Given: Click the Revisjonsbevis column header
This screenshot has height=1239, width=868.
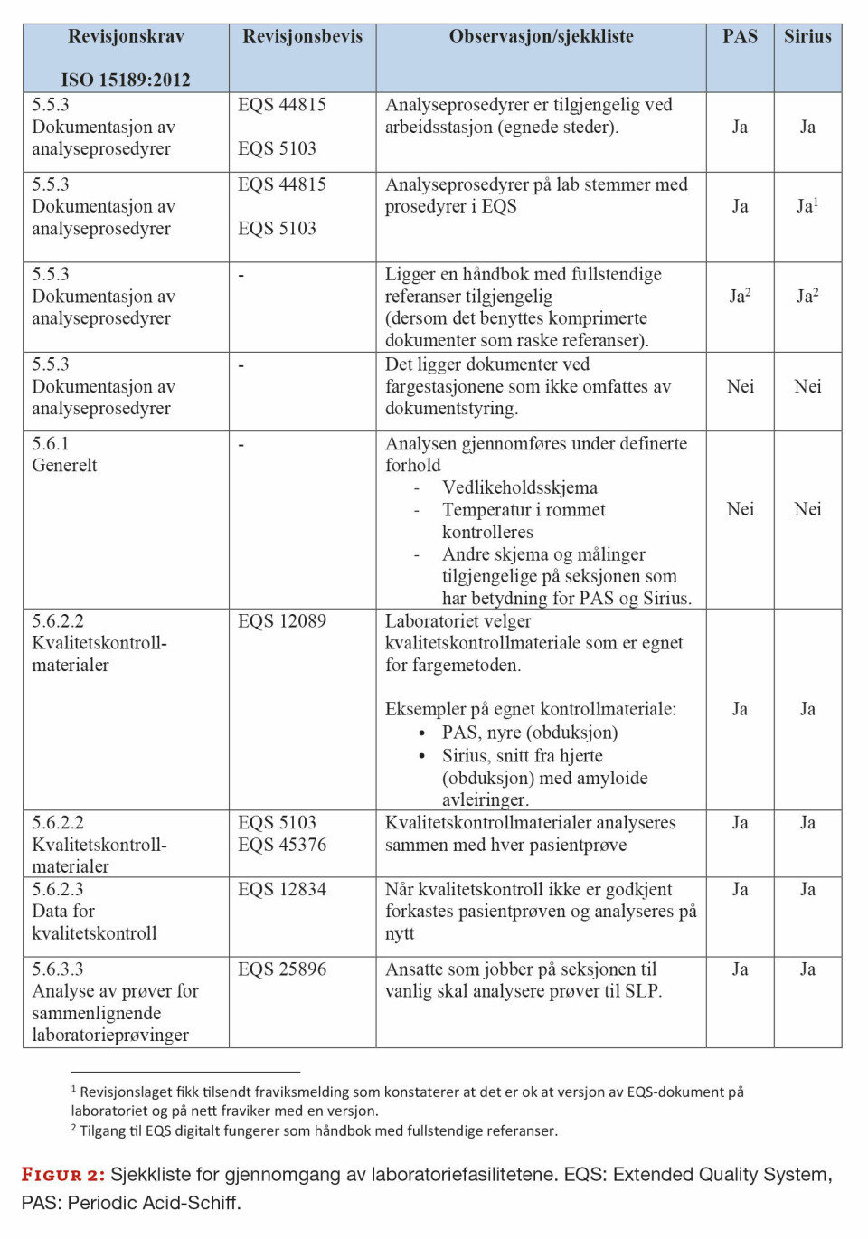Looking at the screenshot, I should pyautogui.click(x=302, y=37).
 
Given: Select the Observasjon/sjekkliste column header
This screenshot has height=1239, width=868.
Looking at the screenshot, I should pyautogui.click(x=541, y=37).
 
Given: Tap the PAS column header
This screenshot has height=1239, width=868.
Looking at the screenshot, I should pyautogui.click(x=740, y=37).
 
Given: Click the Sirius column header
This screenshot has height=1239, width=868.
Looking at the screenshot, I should pyautogui.click(x=807, y=37).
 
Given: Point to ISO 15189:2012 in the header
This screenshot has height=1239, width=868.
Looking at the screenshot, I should pyautogui.click(x=126, y=80).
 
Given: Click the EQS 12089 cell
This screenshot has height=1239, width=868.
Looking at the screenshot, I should pyautogui.click(x=282, y=621).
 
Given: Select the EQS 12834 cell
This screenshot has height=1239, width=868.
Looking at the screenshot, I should pyautogui.click(x=282, y=890).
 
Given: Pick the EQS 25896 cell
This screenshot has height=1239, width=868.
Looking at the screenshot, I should pyautogui.click(x=282, y=969).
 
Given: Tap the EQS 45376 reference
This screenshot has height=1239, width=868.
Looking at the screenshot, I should pyautogui.click(x=282, y=845).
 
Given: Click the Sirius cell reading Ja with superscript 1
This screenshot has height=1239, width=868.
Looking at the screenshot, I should pyautogui.click(x=807, y=206).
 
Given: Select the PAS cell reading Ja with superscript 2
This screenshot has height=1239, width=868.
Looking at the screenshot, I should pyautogui.click(x=740, y=297).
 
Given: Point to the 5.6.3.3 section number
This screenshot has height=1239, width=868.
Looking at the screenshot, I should pyautogui.click(x=58, y=969).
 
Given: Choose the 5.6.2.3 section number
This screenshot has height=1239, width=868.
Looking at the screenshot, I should pyautogui.click(x=58, y=890).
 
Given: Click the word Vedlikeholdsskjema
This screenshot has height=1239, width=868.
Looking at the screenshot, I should pyautogui.click(x=520, y=488).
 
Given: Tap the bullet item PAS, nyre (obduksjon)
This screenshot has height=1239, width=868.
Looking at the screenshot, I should pyautogui.click(x=530, y=733).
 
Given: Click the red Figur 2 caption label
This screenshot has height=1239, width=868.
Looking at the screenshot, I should pyautogui.click(x=63, y=1175).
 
